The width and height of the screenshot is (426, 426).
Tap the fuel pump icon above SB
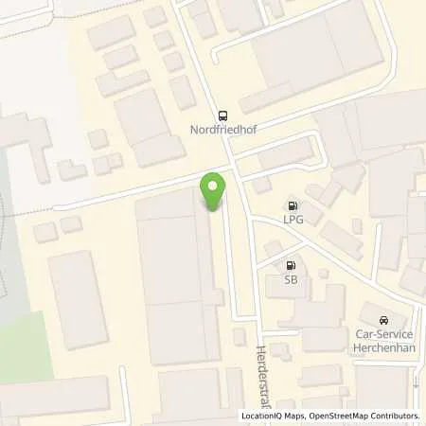click(x=290, y=266)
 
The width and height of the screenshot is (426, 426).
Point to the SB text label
click(x=290, y=280)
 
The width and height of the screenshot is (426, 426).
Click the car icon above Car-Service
click(x=382, y=321)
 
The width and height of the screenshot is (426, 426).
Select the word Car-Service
click(x=382, y=335)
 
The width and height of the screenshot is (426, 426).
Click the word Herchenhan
click(x=382, y=347)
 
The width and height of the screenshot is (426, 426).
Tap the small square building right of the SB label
click(x=323, y=274)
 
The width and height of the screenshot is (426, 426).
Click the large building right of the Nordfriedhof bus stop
click(x=317, y=57)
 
